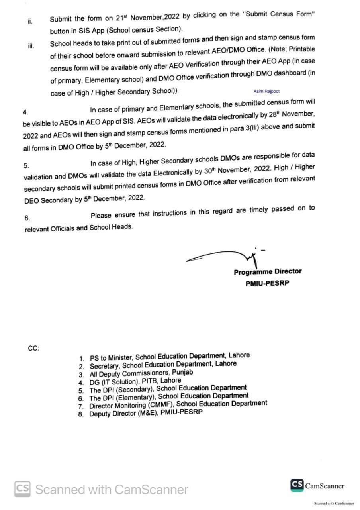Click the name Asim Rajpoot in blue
(266, 91)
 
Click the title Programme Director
(268, 272)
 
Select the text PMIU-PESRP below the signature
(267, 284)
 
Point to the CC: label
(33, 348)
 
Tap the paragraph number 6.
(27, 218)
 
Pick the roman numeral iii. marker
(30, 45)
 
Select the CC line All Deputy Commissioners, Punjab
(141, 373)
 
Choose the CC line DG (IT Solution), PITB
(135, 381)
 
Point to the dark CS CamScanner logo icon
(297, 485)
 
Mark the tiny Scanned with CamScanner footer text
(334, 503)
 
